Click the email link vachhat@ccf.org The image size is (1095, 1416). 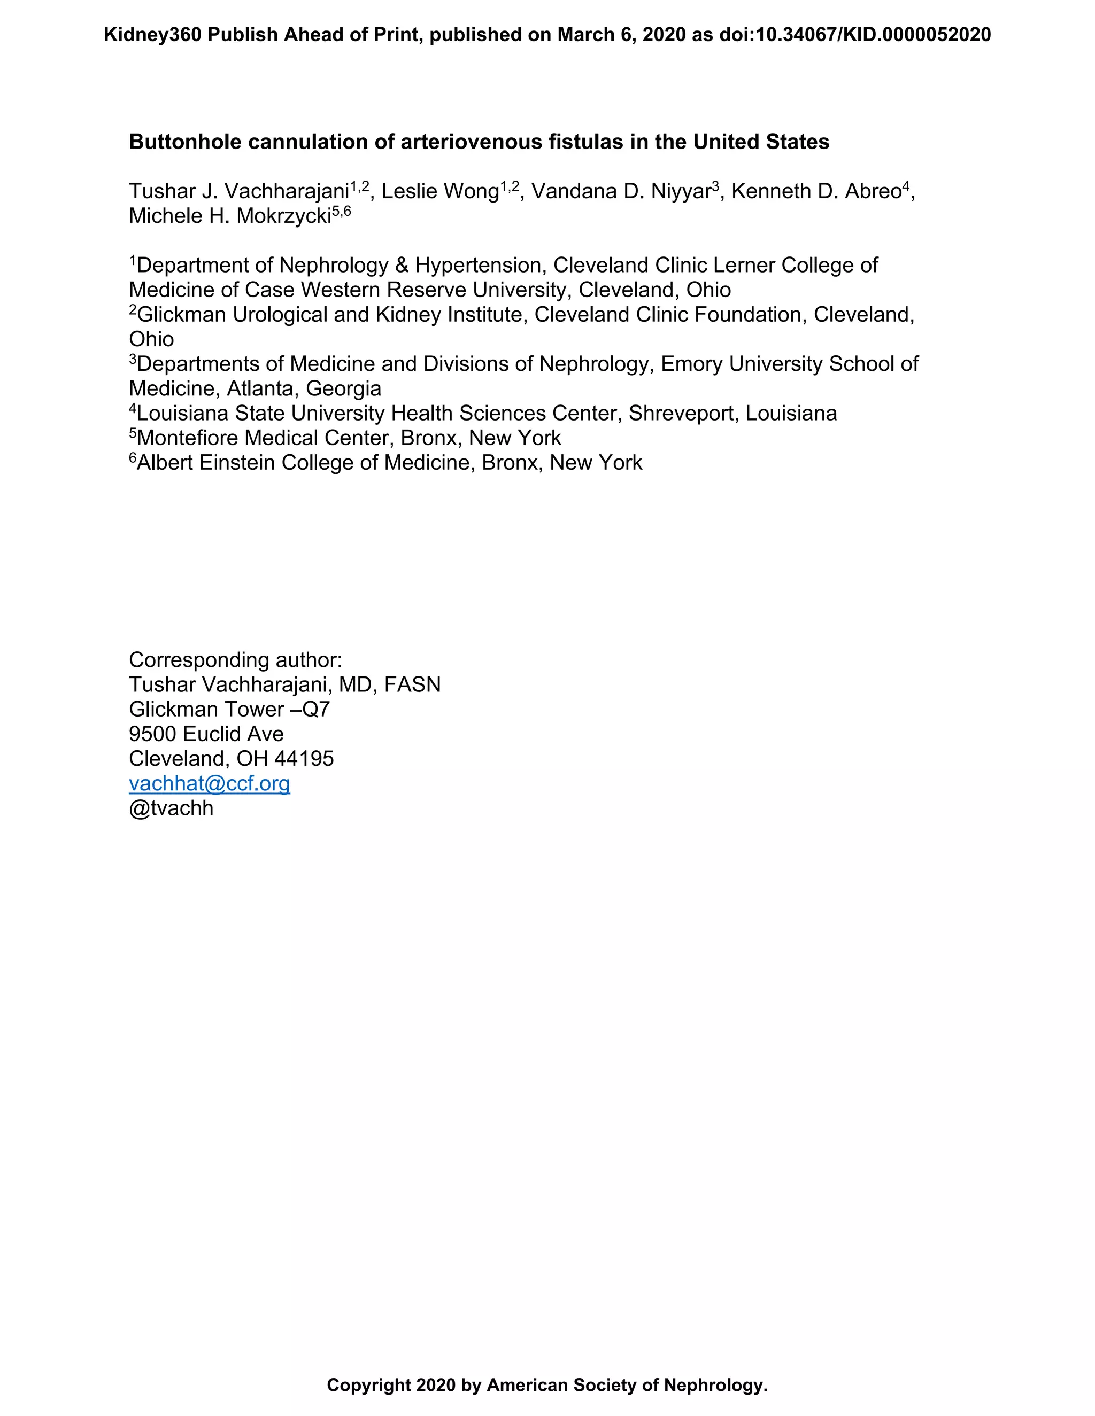pos(209,783)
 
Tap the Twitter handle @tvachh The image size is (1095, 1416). pos(171,808)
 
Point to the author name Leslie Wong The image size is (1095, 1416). pos(439,191)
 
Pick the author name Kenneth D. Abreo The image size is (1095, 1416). pos(816,191)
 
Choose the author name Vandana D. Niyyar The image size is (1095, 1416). pos(621,191)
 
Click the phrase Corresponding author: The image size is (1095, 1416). pos(235,660)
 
